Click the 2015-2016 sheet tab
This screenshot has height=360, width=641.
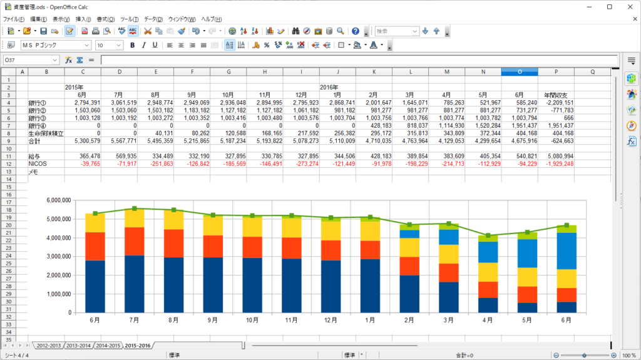(x=137, y=345)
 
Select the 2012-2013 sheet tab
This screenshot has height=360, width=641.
(x=49, y=345)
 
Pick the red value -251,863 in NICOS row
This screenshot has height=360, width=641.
(x=158, y=164)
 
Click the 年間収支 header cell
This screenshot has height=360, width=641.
(x=556, y=95)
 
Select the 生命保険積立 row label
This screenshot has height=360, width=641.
(x=45, y=133)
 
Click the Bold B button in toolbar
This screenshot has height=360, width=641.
(x=132, y=45)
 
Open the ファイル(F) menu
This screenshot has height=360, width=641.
(x=14, y=19)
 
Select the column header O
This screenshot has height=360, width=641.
(x=519, y=72)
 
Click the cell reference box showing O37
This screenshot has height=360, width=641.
(x=28, y=60)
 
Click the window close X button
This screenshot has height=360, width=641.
(x=628, y=6)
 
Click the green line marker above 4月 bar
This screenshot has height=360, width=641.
(x=488, y=235)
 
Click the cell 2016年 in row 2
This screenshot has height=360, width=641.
(x=329, y=87)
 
